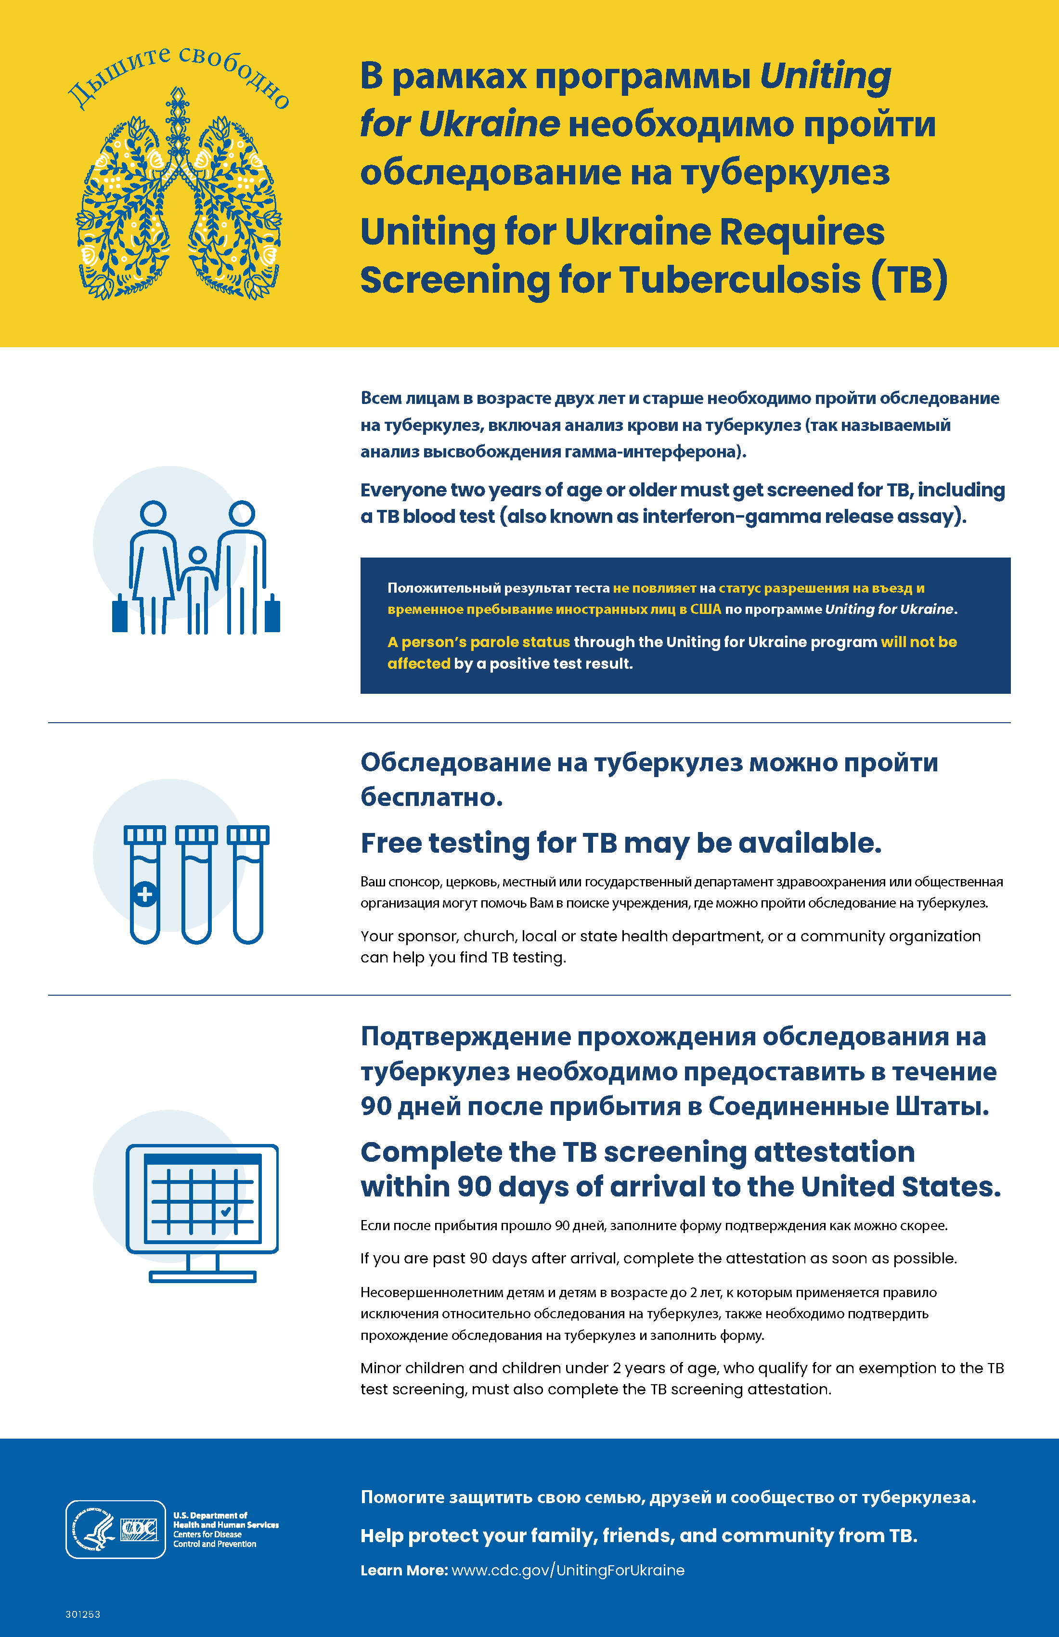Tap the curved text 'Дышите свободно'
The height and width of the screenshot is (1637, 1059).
click(x=178, y=74)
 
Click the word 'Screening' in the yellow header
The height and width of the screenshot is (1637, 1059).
click(x=454, y=281)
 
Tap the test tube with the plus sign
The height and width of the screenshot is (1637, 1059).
click(x=145, y=885)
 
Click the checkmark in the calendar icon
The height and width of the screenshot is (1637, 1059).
click(x=226, y=1211)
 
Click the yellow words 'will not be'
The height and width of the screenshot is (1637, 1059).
click(x=919, y=642)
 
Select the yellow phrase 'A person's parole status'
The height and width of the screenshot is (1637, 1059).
click(x=478, y=642)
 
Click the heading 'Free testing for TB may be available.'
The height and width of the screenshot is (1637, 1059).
click(x=620, y=843)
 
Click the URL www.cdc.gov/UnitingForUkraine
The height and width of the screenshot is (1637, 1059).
click(x=568, y=1570)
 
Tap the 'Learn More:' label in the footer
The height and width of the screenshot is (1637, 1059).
click(x=404, y=1570)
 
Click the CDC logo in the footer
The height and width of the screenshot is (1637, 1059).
click(x=140, y=1529)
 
